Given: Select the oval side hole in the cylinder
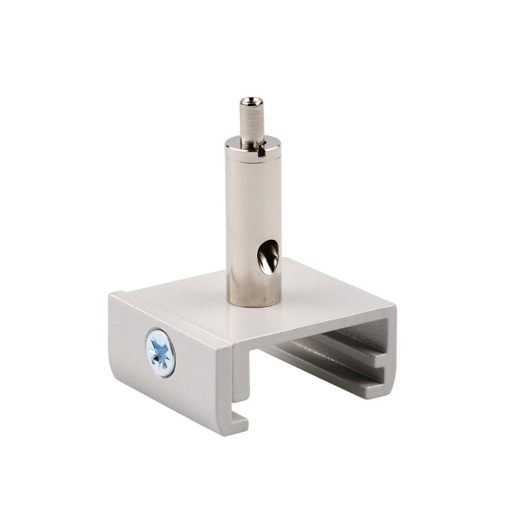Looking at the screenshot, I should pos(270,256).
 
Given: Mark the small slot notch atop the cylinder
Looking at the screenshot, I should pos(258,152).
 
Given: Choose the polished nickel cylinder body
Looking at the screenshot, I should pos(252,223).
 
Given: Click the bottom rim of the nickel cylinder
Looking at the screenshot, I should pos(253,301).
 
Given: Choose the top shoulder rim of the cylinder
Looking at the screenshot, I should pos(252,146).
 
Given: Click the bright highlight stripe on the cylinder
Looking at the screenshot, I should pos(239,223).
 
